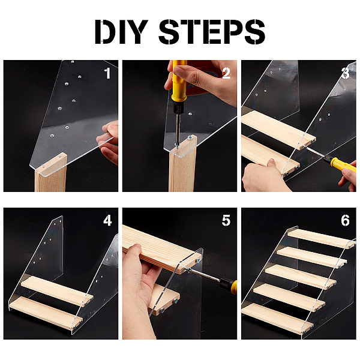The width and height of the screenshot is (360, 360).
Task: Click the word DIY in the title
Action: click(121, 31)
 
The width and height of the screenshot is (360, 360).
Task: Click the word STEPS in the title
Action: click(212, 31)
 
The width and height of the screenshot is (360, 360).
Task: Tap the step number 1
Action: click(107, 73)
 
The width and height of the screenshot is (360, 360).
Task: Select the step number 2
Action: click(226, 73)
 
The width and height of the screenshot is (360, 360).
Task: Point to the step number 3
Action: click(346, 73)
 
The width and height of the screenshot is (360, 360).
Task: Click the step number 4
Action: click(107, 220)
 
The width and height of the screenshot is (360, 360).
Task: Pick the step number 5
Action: click(226, 220)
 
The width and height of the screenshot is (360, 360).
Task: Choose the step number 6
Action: click(346, 220)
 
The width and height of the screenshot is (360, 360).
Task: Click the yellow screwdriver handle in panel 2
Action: click(178, 83)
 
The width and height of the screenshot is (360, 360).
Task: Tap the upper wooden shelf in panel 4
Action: click(58, 290)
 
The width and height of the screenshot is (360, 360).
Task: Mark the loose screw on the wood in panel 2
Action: click(190, 138)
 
